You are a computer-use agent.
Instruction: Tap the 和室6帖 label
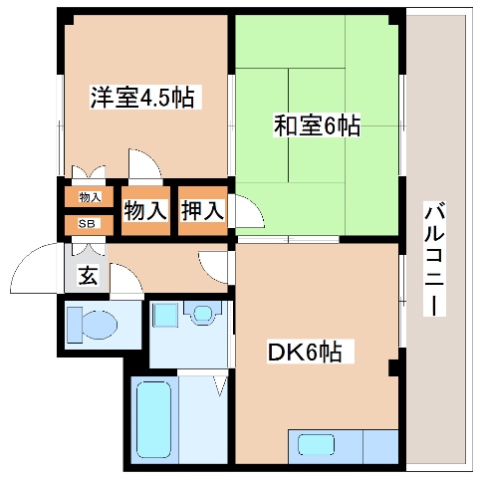(317, 127)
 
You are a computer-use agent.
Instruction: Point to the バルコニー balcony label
(434, 259)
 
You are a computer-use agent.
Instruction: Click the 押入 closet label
(202, 211)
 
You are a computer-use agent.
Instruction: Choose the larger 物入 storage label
(145, 211)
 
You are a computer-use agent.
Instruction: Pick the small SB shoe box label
(89, 223)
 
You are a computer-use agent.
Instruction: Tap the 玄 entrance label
(88, 276)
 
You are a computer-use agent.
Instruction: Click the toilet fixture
(91, 325)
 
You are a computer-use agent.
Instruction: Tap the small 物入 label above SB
(89, 197)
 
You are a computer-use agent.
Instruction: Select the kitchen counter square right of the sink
(380, 445)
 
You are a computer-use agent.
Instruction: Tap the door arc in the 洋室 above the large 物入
(143, 162)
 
